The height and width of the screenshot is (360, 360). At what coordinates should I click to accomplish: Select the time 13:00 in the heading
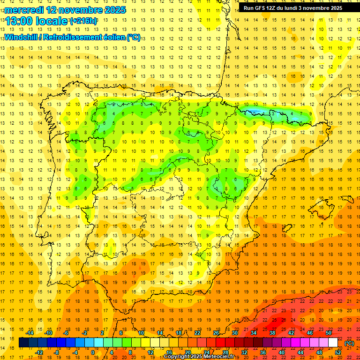pyautogui.click(x=22, y=21)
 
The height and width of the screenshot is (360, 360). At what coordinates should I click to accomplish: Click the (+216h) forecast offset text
pyautogui.click(x=83, y=21)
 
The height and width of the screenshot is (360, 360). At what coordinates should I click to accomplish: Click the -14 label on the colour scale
pyautogui.click(x=30, y=333)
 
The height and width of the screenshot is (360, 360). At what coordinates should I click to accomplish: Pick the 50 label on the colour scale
pyautogui.click(x=329, y=333)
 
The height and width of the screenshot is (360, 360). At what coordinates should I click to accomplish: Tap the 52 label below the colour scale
pyautogui.click(x=338, y=352)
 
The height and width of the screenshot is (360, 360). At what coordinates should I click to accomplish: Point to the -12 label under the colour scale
pyautogui.click(x=39, y=352)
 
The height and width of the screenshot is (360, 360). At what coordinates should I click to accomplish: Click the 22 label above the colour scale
pyautogui.click(x=197, y=333)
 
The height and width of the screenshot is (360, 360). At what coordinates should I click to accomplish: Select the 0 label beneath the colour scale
pyautogui.click(x=93, y=352)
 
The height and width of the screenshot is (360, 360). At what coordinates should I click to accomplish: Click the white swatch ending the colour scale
pyautogui.click(x=333, y=343)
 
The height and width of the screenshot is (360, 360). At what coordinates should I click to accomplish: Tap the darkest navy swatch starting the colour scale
pyautogui.click(x=23, y=343)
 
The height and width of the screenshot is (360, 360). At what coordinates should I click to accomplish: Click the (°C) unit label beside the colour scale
pyautogui.click(x=349, y=343)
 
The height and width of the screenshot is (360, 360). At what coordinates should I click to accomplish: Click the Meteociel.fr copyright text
pyautogui.click(x=199, y=357)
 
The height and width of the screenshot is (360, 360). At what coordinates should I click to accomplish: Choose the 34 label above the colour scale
pyautogui.click(x=254, y=333)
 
